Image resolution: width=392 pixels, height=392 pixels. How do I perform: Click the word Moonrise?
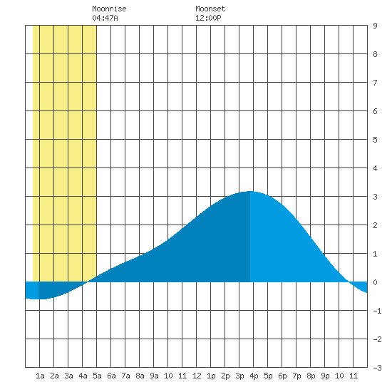pyautogui.click(x=109, y=9)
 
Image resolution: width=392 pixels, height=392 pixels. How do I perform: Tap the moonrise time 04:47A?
pyautogui.click(x=105, y=18)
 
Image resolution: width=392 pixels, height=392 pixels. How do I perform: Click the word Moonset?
pyautogui.click(x=210, y=9)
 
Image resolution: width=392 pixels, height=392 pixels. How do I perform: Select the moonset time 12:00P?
pyautogui.click(x=208, y=18)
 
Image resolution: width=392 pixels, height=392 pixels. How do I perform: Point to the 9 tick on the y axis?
pyautogui.click(x=375, y=26)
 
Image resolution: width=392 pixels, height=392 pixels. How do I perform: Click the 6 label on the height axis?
pyautogui.click(x=375, y=111)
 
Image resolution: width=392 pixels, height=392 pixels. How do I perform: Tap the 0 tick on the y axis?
pyautogui.click(x=375, y=282)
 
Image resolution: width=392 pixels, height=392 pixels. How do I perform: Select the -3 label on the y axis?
pyautogui.click(x=377, y=368)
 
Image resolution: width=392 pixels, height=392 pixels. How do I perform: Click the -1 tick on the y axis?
pyautogui.click(x=377, y=311)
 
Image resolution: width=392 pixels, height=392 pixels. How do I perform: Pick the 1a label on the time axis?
pyautogui.click(x=40, y=376)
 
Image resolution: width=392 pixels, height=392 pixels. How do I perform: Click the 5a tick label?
pyautogui.click(x=97, y=376)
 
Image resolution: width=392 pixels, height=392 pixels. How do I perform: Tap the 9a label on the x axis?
pyautogui.click(x=154, y=376)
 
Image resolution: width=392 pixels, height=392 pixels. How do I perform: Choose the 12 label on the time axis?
pyautogui.click(x=197, y=376)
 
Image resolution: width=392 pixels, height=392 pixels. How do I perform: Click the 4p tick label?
pyautogui.click(x=254, y=376)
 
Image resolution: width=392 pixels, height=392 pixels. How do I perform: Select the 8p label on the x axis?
pyautogui.click(x=311, y=376)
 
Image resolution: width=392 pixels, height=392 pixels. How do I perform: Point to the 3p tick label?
pyautogui.click(x=239, y=376)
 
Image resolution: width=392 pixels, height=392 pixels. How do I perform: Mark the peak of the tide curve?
pyautogui.click(x=250, y=191)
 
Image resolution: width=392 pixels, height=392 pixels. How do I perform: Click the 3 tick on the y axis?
pyautogui.click(x=375, y=197)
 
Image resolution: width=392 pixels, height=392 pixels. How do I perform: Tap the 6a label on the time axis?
pyautogui.click(x=111, y=376)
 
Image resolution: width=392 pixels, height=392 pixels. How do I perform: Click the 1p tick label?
pyautogui.click(x=211, y=376)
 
